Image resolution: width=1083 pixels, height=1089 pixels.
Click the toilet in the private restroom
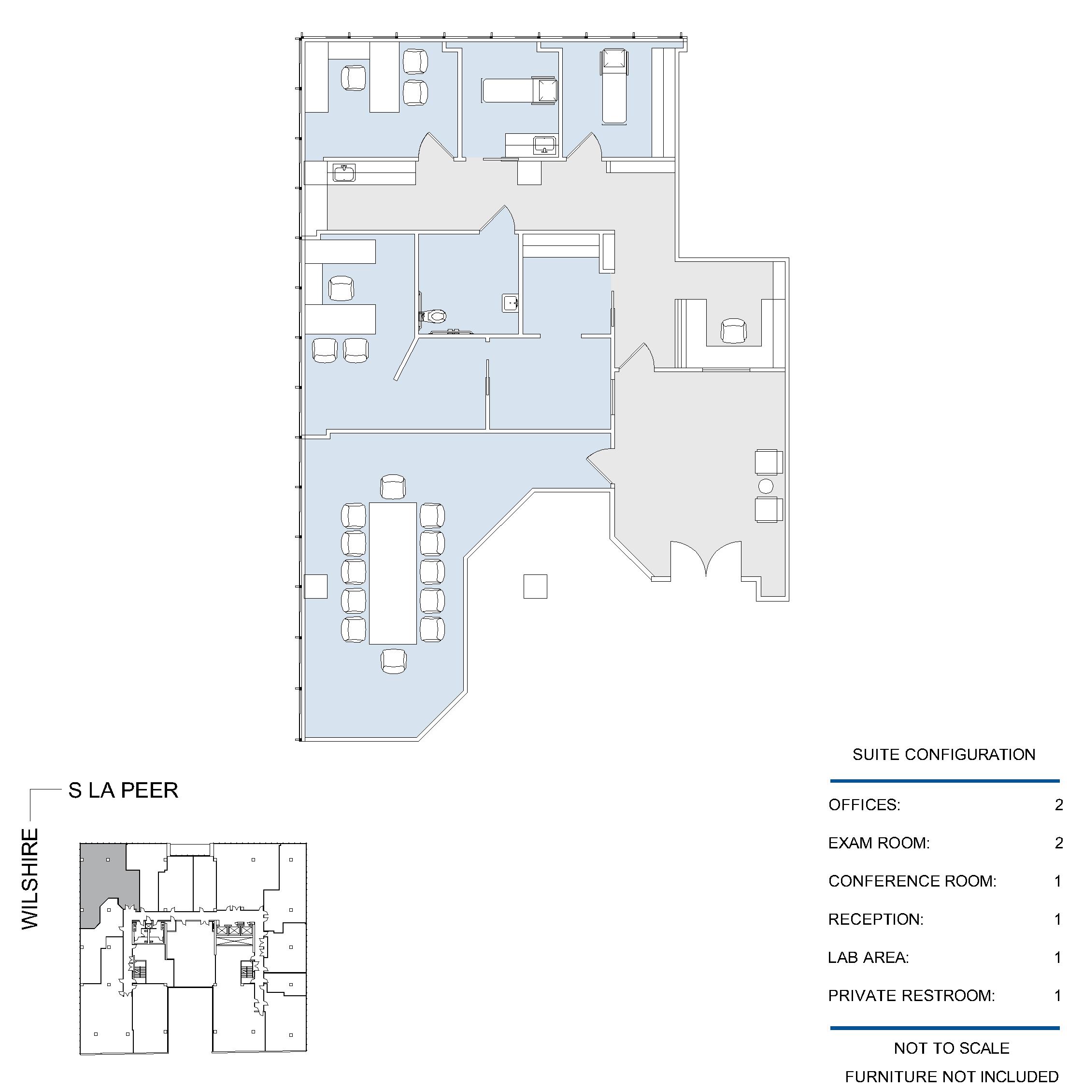pos(433,316)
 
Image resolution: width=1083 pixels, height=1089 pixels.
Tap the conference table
pos(393,573)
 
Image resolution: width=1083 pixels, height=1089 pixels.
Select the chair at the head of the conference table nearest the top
pos(393,487)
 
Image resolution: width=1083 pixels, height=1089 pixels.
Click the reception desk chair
pos(734,331)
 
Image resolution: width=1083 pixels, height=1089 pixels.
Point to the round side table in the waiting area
pos(766,485)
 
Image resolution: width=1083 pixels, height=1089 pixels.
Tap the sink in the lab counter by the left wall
pos(344,173)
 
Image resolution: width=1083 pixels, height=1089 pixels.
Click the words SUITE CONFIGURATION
pos(944,755)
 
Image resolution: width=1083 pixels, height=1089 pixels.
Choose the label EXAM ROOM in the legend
pos(879,843)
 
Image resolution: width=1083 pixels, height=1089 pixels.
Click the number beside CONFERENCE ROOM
pos(1058,881)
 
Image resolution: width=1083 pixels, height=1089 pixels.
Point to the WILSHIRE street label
pos(30,879)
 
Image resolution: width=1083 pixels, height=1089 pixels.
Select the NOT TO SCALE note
pos(952,1048)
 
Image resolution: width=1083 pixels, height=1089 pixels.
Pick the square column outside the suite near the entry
pos(535,586)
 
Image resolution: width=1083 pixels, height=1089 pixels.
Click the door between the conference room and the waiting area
pos(599,467)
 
